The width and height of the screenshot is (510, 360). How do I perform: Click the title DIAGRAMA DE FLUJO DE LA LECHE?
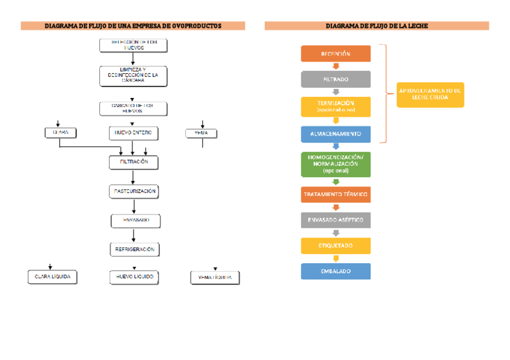coord(376,26)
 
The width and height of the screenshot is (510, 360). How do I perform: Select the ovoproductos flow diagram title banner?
coord(133,26)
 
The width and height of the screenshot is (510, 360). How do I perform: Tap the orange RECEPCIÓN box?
coord(336,54)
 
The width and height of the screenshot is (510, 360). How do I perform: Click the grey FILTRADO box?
coord(336,79)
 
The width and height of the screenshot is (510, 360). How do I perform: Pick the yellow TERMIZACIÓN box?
coord(336,106)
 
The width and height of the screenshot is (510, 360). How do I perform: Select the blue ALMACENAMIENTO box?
coord(336,133)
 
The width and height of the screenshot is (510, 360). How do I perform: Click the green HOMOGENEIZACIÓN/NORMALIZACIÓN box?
coord(336,163)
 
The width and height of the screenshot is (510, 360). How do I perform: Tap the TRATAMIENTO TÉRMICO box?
coord(336,195)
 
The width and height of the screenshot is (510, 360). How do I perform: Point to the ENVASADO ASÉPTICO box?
coord(336,220)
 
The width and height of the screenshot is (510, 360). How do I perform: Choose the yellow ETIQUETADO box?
coord(336,246)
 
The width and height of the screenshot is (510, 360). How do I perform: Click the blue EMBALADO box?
coord(336,271)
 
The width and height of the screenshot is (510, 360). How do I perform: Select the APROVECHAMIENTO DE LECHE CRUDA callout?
coord(430,94)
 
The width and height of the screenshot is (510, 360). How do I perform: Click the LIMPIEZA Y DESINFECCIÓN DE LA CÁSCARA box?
coord(133,76)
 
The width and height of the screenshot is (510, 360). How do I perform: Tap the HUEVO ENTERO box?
coord(133,132)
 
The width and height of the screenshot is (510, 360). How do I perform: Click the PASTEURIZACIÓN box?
coord(135,191)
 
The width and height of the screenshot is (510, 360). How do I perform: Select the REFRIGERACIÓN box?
coord(135,249)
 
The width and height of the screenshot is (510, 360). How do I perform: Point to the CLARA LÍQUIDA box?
coord(52,277)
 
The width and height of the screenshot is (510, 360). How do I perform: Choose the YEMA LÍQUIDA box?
coord(215,278)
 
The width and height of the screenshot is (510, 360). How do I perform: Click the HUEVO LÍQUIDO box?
coord(134,277)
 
